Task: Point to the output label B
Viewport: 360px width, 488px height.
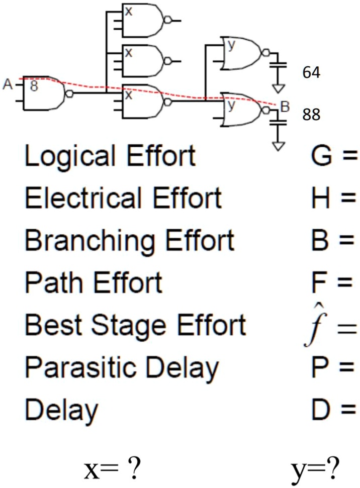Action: click(x=285, y=107)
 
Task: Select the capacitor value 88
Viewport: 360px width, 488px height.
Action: click(x=312, y=116)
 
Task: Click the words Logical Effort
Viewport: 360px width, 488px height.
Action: click(x=110, y=157)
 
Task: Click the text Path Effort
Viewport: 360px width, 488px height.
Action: click(x=93, y=283)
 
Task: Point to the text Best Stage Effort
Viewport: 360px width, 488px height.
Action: click(x=135, y=325)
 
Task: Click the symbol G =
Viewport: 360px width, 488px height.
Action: click(x=332, y=157)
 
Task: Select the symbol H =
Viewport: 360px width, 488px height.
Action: click(x=332, y=199)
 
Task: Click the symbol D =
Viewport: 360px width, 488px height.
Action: click(x=332, y=410)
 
